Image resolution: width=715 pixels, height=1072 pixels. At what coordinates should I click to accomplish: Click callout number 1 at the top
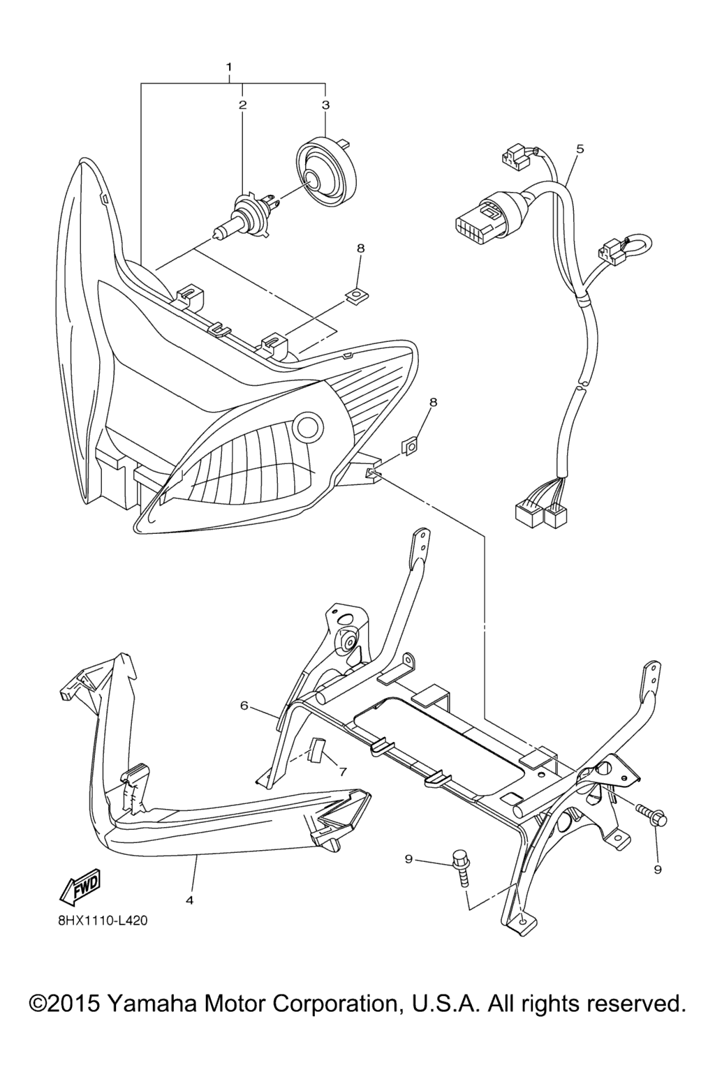[229, 66]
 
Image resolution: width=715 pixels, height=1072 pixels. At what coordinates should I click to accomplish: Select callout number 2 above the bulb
[243, 105]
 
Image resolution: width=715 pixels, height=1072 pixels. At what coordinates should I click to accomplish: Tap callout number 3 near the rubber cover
[325, 105]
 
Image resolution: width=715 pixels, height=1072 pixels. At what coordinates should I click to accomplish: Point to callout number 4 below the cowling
[190, 900]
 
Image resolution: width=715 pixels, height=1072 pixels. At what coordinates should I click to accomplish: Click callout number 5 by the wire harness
[580, 149]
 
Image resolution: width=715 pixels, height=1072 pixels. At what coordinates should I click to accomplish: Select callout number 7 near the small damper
[343, 771]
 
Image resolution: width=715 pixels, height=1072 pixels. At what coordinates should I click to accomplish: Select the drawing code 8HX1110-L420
[96, 935]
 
